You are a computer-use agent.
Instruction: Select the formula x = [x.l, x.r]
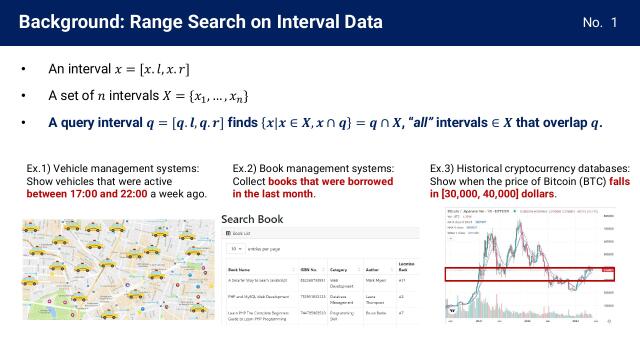pyautogui.click(x=154, y=70)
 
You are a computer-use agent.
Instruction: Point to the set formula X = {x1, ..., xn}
pyautogui.click(x=186, y=96)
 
